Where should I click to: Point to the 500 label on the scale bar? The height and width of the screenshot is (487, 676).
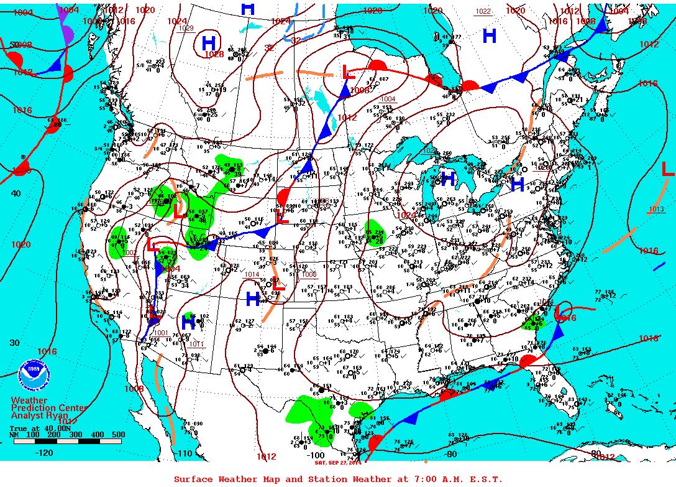point(118,435)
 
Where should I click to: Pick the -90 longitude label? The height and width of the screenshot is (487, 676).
point(450,454)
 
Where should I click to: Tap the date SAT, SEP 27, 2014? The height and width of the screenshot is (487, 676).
point(338,461)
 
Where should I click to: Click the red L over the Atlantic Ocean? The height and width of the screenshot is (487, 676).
point(667,169)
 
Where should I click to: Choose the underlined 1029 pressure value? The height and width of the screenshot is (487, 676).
point(186,28)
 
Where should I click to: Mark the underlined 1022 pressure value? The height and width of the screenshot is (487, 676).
point(483,12)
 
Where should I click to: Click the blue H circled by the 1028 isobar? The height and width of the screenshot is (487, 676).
point(209,43)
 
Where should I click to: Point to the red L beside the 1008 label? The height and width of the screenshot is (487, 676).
point(348,73)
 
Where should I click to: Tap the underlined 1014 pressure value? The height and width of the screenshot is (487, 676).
point(252,274)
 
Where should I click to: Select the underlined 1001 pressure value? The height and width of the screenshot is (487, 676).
point(160,333)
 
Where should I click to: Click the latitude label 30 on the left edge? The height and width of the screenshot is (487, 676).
point(14,343)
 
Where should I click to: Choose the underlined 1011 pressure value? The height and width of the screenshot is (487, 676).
point(196,344)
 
